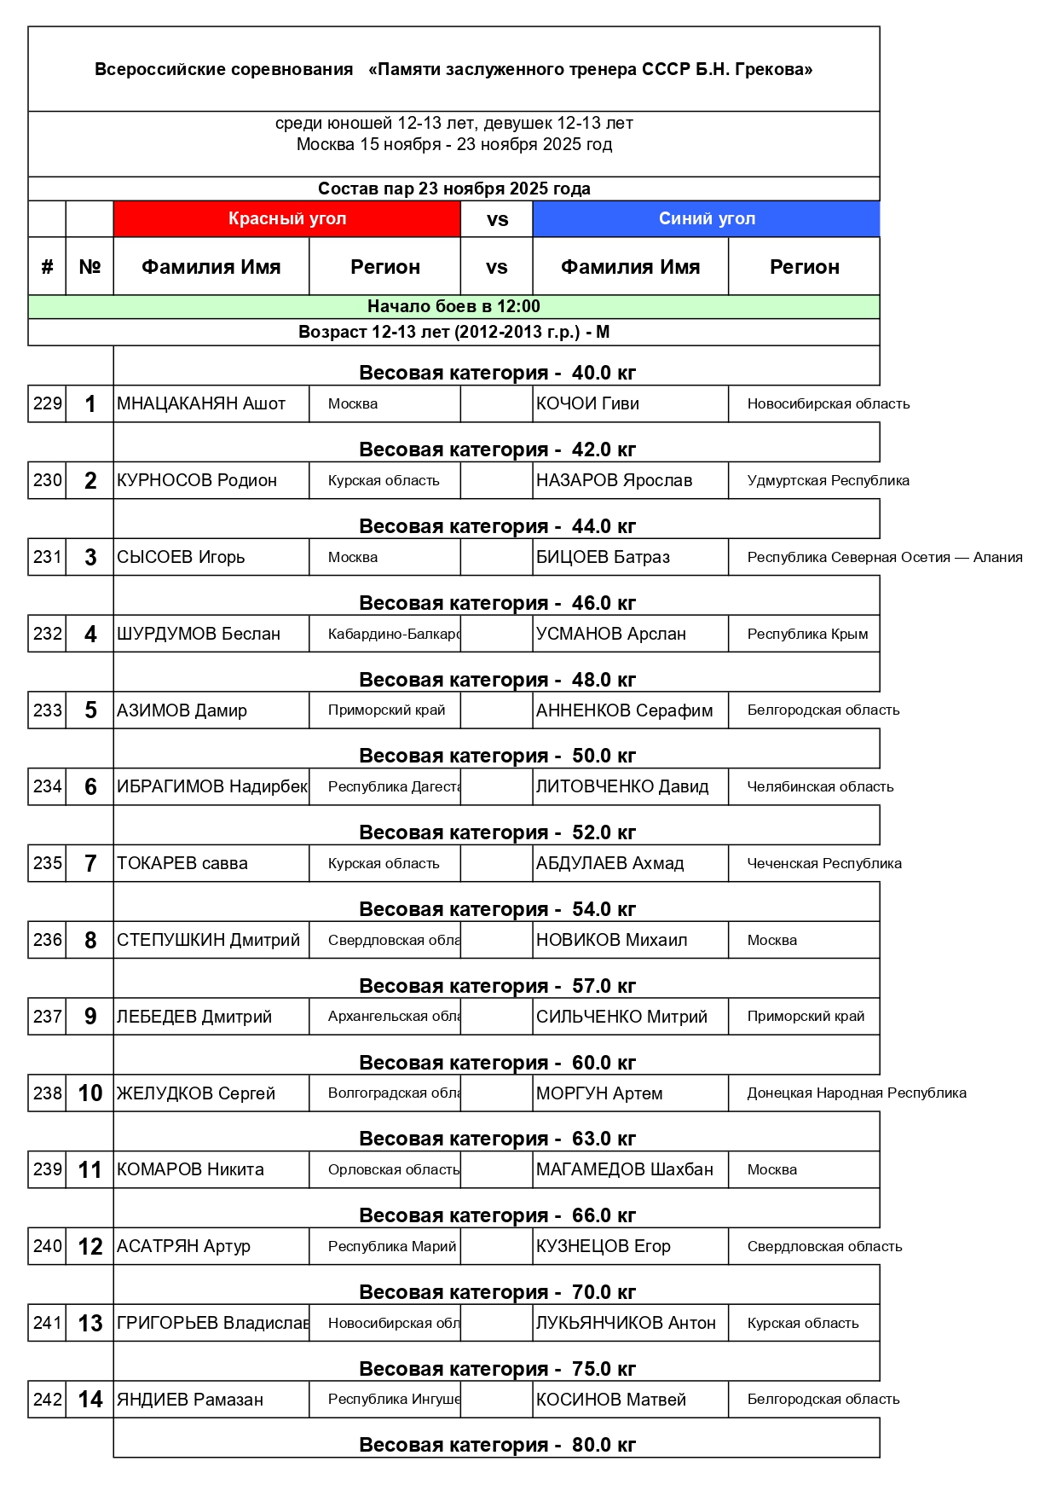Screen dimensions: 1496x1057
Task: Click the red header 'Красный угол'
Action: coord(287,219)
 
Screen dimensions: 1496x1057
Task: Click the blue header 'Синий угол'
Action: coord(707,219)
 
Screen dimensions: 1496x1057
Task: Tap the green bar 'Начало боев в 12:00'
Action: coord(453,307)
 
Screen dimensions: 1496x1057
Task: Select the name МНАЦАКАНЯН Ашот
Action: coord(201,404)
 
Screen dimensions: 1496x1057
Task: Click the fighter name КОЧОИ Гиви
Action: coord(587,404)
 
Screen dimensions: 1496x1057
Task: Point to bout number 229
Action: coord(48,404)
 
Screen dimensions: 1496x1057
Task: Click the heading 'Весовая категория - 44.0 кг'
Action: coord(497,527)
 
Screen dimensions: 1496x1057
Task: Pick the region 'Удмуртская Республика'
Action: coord(828,481)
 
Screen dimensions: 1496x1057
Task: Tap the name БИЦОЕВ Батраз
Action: coord(603,558)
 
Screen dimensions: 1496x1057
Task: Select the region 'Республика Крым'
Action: coord(807,635)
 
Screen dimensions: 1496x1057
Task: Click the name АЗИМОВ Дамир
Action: coord(182,710)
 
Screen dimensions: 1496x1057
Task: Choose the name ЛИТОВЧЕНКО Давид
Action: coord(622,787)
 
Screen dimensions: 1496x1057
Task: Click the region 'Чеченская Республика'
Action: coord(824,864)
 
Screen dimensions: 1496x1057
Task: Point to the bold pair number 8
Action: coord(90,941)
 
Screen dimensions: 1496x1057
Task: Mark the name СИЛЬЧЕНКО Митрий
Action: coord(621,1018)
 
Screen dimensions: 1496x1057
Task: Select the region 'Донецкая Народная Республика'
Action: coord(857,1093)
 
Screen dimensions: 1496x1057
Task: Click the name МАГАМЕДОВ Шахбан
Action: coord(625,1170)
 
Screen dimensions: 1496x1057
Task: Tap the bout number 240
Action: coord(48,1247)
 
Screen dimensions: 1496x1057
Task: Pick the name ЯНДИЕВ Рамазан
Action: coord(190,1400)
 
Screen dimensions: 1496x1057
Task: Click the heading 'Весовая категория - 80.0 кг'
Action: coord(497,1446)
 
